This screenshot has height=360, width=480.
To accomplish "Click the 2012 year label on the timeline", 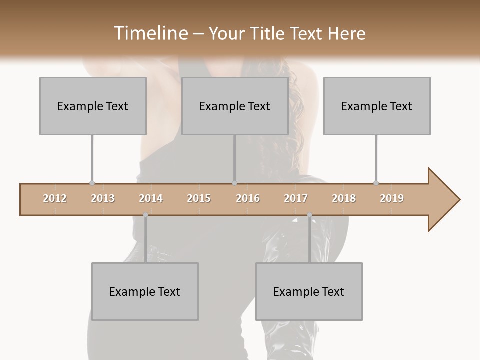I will coord(55,198).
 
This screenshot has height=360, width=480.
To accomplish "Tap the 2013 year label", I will coord(103,198).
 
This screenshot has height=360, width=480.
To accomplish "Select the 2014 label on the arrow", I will coord(151,198).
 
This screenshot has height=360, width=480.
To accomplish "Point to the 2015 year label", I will coord(199,198).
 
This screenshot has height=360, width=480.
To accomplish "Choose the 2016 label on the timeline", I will coord(248,198).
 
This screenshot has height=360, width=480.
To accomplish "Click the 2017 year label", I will coord(296,198).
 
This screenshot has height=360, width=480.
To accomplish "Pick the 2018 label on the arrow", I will coord(344,198).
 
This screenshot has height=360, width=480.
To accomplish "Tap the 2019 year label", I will coord(392,198).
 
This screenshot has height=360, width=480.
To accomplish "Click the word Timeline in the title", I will coord(149,33).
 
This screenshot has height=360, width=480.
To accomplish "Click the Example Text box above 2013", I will coord(93,106).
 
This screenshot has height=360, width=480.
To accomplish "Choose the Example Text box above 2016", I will coord(235,106).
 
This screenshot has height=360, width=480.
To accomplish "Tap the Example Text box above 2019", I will coord(377,106).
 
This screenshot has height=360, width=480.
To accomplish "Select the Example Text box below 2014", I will coord(145,291).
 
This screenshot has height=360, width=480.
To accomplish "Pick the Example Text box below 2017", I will coord(309,291).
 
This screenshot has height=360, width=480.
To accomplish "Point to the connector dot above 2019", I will coord(376,183).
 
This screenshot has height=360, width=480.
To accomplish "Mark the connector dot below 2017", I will coord(309,215).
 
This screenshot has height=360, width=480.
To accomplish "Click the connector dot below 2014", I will coord(145,215).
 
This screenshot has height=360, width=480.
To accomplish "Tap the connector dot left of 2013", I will coord(92,183).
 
